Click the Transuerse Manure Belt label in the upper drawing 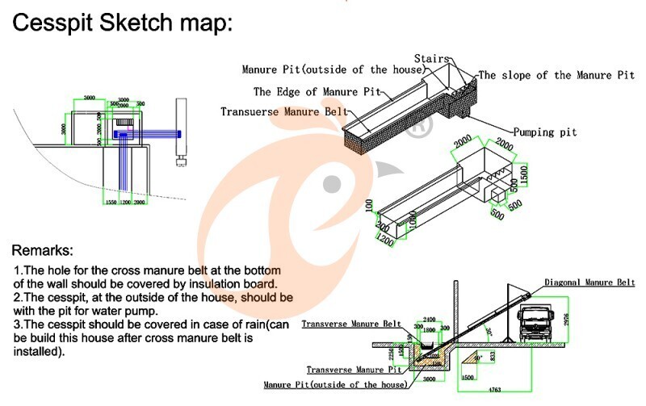[x=286, y=111]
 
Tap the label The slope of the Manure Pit [x=556, y=75]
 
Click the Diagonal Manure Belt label [x=589, y=283]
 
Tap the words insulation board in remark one [x=242, y=283]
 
